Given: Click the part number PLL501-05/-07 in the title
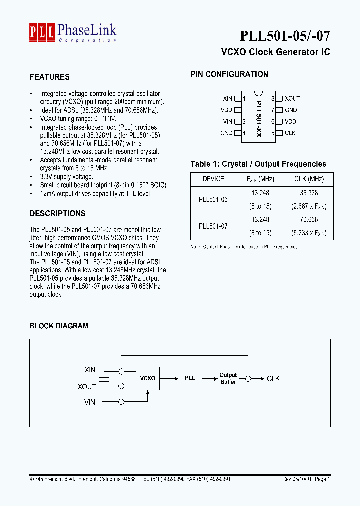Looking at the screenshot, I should [x=285, y=36].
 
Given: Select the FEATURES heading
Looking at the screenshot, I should [x=50, y=77].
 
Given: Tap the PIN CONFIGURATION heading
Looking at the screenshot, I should [x=229, y=74].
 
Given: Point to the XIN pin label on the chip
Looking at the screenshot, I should [x=227, y=99].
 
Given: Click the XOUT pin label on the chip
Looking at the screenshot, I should [x=292, y=99].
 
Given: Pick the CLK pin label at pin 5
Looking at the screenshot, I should [x=290, y=133].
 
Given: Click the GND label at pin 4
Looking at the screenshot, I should [x=226, y=133].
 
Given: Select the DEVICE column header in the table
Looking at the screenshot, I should [x=213, y=179].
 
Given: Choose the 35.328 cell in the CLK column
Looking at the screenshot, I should [x=309, y=192].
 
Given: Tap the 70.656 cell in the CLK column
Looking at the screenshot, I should [x=309, y=219].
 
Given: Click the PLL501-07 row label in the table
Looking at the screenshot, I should [x=213, y=226].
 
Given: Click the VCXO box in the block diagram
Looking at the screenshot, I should [x=148, y=378].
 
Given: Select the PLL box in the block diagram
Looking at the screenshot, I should [x=190, y=378].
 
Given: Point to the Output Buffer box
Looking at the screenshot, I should [x=228, y=378].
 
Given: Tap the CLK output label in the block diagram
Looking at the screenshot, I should [x=273, y=379].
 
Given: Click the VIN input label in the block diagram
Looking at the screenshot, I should [x=90, y=401].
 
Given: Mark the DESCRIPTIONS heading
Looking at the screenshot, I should [x=58, y=213].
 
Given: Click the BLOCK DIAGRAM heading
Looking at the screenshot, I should [x=59, y=326].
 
